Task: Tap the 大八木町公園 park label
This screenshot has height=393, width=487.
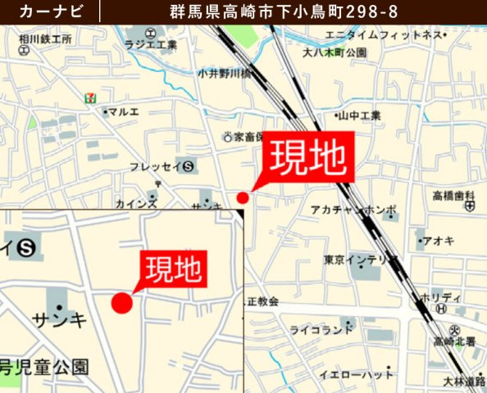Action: [334, 52]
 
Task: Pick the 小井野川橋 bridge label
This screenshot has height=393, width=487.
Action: [223, 73]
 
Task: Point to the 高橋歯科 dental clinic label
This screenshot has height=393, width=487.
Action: [454, 196]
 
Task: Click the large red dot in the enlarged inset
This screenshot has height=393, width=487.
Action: [121, 302]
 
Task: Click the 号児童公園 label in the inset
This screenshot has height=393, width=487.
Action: [44, 366]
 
